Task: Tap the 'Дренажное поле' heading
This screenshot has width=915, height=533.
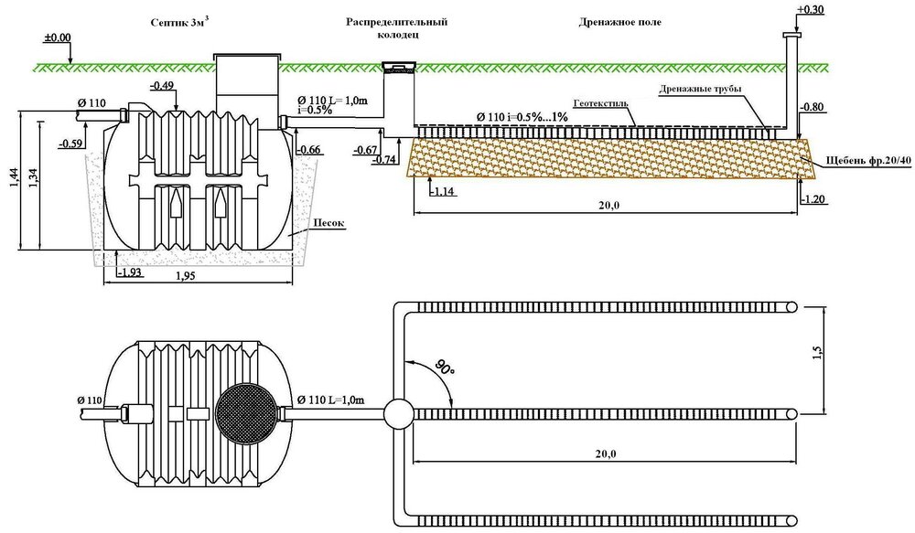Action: [619, 22]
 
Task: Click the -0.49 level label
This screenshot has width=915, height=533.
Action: [162, 87]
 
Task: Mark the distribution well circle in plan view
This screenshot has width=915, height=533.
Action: [399, 413]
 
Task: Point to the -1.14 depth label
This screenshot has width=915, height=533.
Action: [444, 192]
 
